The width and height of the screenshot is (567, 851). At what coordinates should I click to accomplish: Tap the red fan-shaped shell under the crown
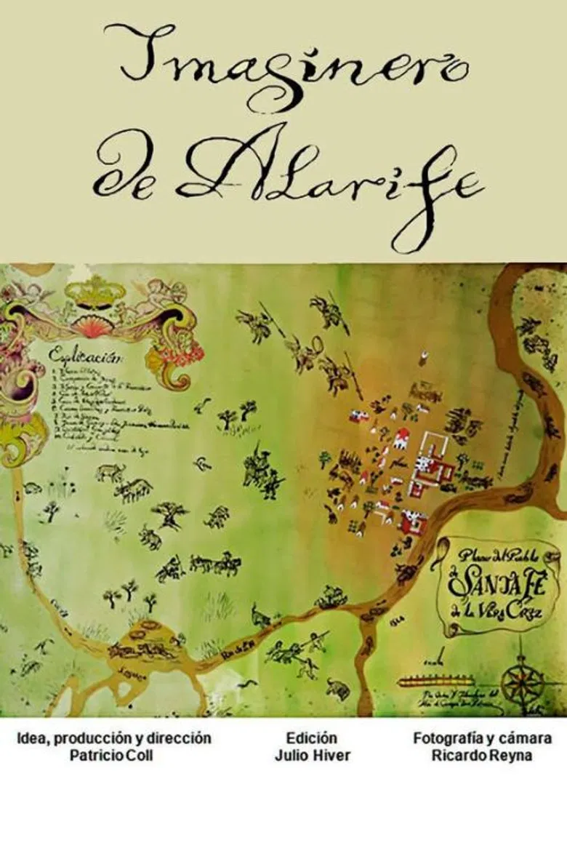coord(94,327)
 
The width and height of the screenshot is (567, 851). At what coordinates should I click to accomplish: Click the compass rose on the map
coord(523,680)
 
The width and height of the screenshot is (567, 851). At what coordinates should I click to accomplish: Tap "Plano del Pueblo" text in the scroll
coord(502,556)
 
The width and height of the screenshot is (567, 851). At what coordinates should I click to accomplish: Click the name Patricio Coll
coord(113,756)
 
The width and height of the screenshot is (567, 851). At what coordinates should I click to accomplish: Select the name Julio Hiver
coord(312,756)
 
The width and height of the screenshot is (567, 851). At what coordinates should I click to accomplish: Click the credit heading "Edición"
coord(312,738)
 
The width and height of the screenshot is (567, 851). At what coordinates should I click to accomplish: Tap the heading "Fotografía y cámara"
coord(482,738)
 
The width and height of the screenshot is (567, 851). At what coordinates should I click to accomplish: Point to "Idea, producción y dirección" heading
coord(114,738)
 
